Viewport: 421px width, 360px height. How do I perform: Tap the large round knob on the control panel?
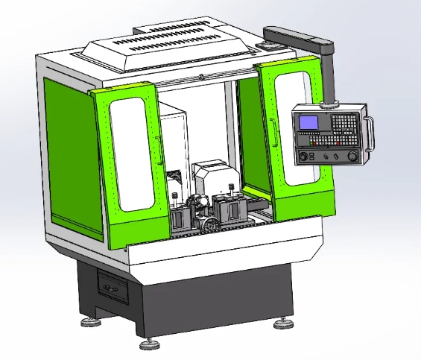click(352, 156)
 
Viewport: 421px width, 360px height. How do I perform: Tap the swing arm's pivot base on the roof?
click(267, 46)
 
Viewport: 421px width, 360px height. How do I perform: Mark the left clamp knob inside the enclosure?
click(175, 197)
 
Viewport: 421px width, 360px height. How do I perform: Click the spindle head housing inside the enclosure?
click(212, 179)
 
